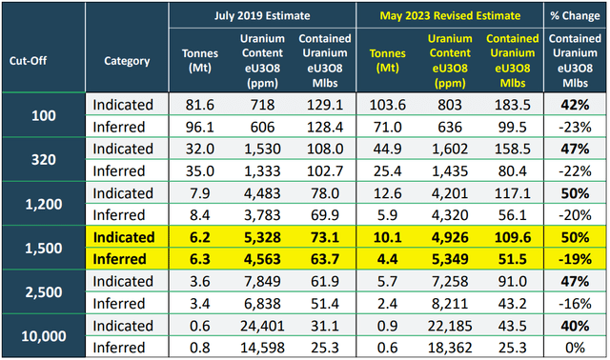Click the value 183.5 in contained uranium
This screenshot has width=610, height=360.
click(505, 101)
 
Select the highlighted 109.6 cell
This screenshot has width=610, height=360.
click(505, 237)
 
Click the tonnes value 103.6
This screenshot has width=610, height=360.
click(378, 101)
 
